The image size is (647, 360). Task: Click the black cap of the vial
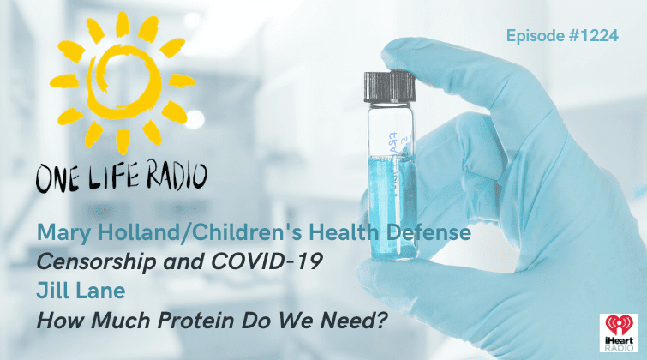pyautogui.click(x=390, y=87)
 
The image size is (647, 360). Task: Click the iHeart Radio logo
pyautogui.click(x=619, y=333)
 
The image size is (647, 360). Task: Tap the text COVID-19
pyautogui.click(x=267, y=261)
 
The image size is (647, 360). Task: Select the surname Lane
pyautogui.click(x=100, y=291)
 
